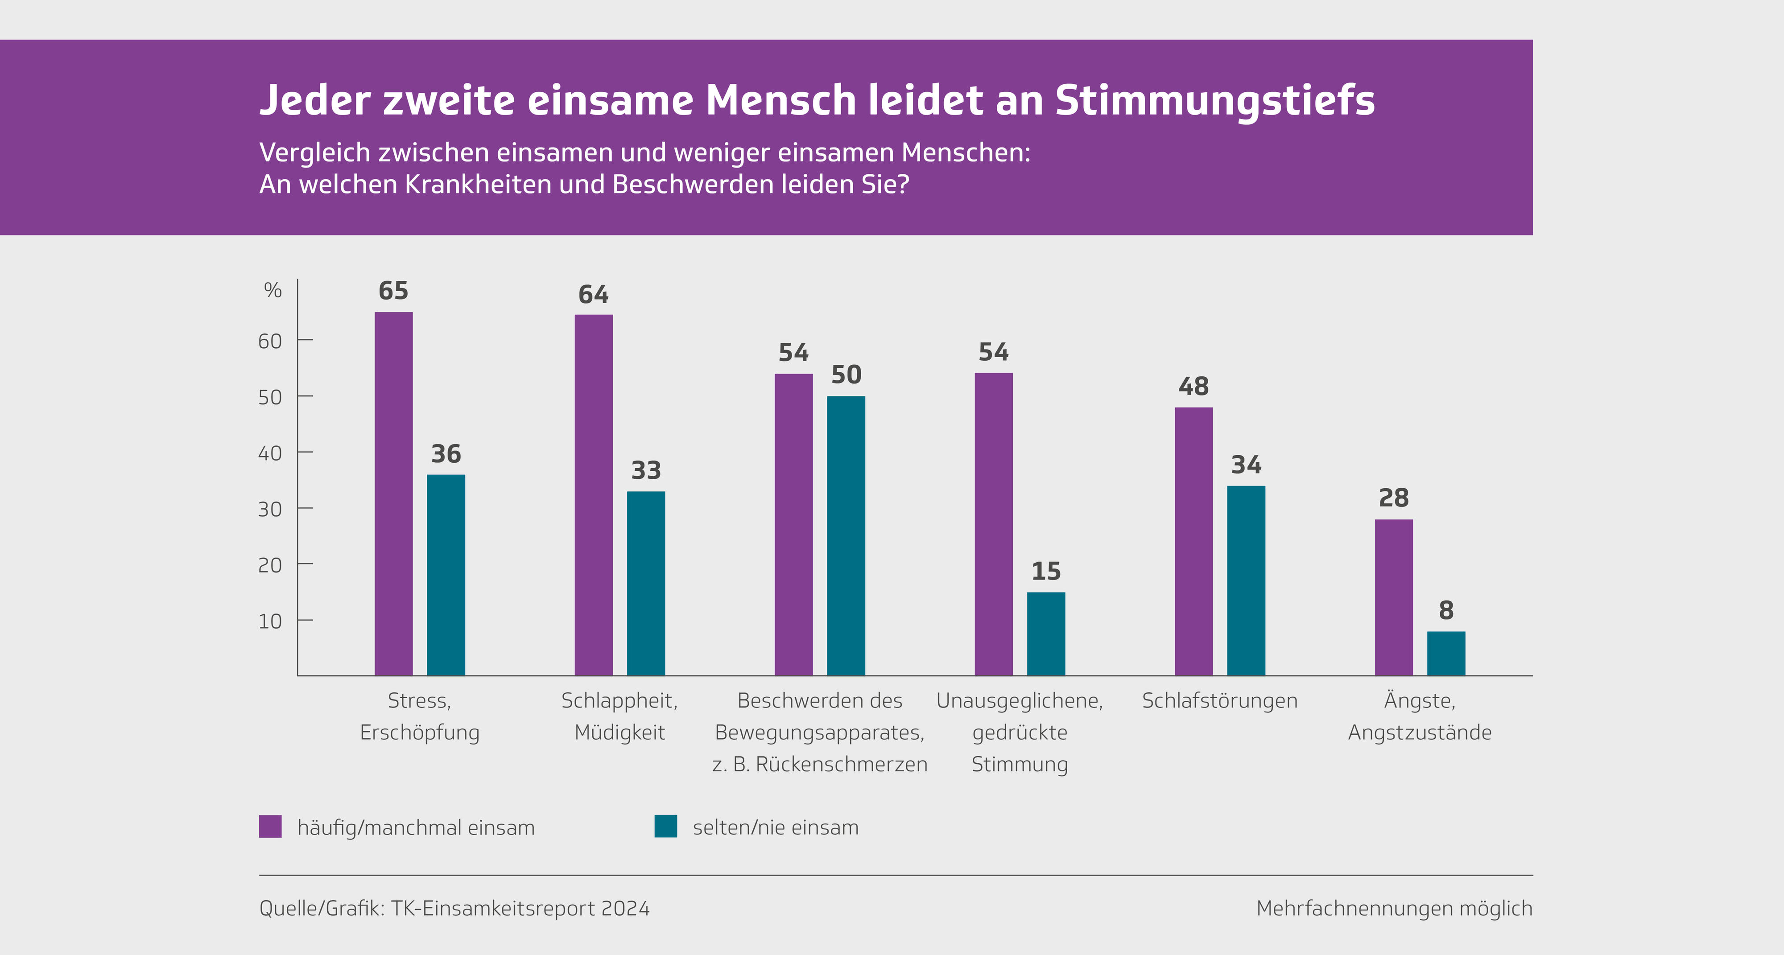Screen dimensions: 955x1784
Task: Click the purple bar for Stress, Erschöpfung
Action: point(393,493)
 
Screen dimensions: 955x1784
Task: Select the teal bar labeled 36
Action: point(446,575)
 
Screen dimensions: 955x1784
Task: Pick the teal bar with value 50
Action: point(846,535)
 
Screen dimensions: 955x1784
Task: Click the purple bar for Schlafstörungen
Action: point(1193,541)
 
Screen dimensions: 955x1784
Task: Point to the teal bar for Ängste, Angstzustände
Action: point(1446,653)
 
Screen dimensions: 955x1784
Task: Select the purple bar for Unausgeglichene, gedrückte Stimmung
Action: point(993,523)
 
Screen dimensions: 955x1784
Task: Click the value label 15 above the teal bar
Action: point(1046,571)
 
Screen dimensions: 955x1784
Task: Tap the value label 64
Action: point(594,294)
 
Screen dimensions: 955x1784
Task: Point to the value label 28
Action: point(1393,498)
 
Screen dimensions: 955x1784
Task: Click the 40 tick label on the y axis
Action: point(270,453)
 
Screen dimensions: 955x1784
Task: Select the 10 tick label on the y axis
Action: point(270,621)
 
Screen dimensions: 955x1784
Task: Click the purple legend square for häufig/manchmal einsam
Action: point(270,826)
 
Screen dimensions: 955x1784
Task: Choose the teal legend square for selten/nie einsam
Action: point(665,826)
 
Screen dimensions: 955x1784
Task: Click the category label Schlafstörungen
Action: point(1219,701)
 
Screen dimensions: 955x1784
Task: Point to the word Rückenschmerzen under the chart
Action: point(842,765)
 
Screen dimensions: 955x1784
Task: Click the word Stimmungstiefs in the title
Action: point(1215,100)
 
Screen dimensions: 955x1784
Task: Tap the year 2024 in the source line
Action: point(625,909)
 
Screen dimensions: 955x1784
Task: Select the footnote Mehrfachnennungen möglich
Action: point(1394,909)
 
